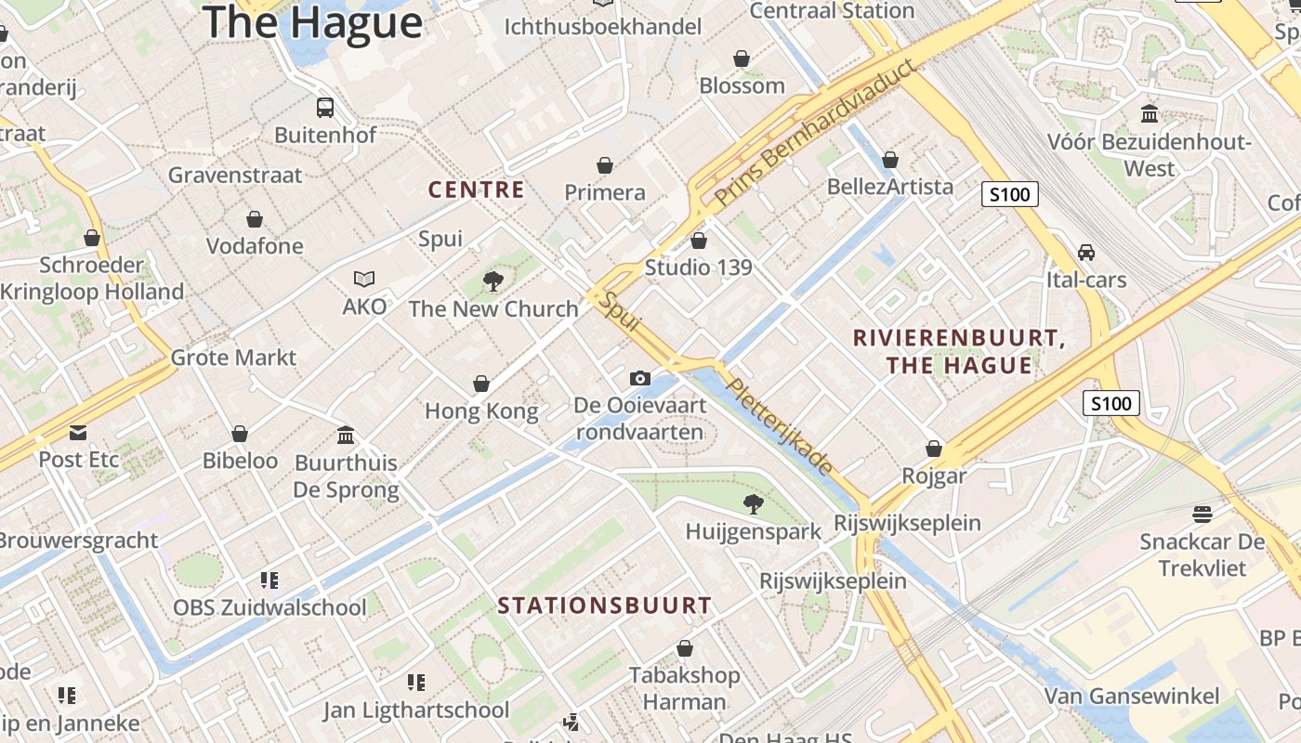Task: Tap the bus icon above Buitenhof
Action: (324, 108)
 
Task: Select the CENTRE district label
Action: (476, 190)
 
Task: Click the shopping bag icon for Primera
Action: (605, 165)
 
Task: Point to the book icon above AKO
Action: (364, 279)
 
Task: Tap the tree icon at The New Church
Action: (493, 280)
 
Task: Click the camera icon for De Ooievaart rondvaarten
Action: (639, 378)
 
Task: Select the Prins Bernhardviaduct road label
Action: (814, 134)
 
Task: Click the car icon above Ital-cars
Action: (1085, 253)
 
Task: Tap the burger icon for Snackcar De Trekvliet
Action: (1202, 514)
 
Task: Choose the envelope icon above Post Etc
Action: (78, 432)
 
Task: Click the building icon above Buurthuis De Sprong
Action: (346, 435)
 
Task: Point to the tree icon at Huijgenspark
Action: (753, 504)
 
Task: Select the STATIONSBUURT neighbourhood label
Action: (604, 606)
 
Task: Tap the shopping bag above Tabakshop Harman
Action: (685, 648)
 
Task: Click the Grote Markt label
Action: (233, 358)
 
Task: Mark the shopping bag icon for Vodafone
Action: (254, 219)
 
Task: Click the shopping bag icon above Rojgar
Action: (934, 449)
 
